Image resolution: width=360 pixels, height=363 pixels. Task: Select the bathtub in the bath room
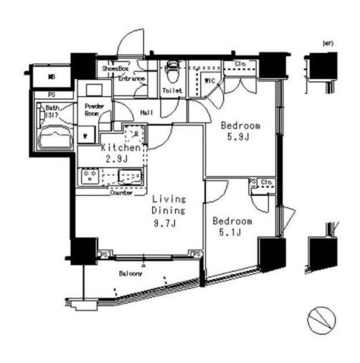tap(52, 135)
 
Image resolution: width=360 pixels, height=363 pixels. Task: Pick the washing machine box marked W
tap(86, 134)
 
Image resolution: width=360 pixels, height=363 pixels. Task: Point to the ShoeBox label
tap(113, 69)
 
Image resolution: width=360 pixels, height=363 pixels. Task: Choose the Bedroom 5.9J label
tap(238, 131)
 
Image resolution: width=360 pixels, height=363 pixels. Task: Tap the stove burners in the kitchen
tap(90, 176)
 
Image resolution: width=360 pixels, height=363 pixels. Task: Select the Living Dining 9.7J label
tap(169, 212)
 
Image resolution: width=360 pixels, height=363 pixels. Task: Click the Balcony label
tap(131, 273)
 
